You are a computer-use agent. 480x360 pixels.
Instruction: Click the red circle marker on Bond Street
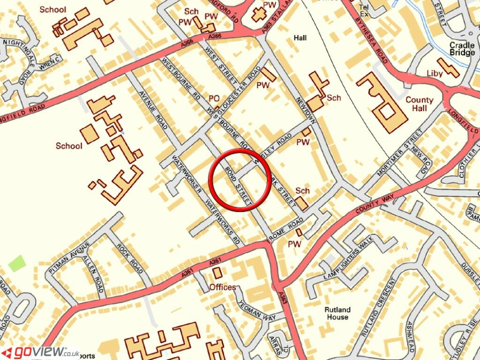240,180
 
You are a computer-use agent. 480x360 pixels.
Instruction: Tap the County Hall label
420,104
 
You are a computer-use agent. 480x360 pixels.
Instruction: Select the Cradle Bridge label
462,49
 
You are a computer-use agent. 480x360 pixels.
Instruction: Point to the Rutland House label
337,313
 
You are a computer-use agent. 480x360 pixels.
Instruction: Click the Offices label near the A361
223,287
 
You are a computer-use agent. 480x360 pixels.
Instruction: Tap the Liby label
435,73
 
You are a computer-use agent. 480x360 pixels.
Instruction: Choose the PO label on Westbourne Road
214,98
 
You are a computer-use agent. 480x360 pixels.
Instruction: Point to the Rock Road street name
130,259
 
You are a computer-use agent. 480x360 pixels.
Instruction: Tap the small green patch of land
17,263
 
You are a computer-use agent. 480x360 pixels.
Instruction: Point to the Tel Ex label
364,11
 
